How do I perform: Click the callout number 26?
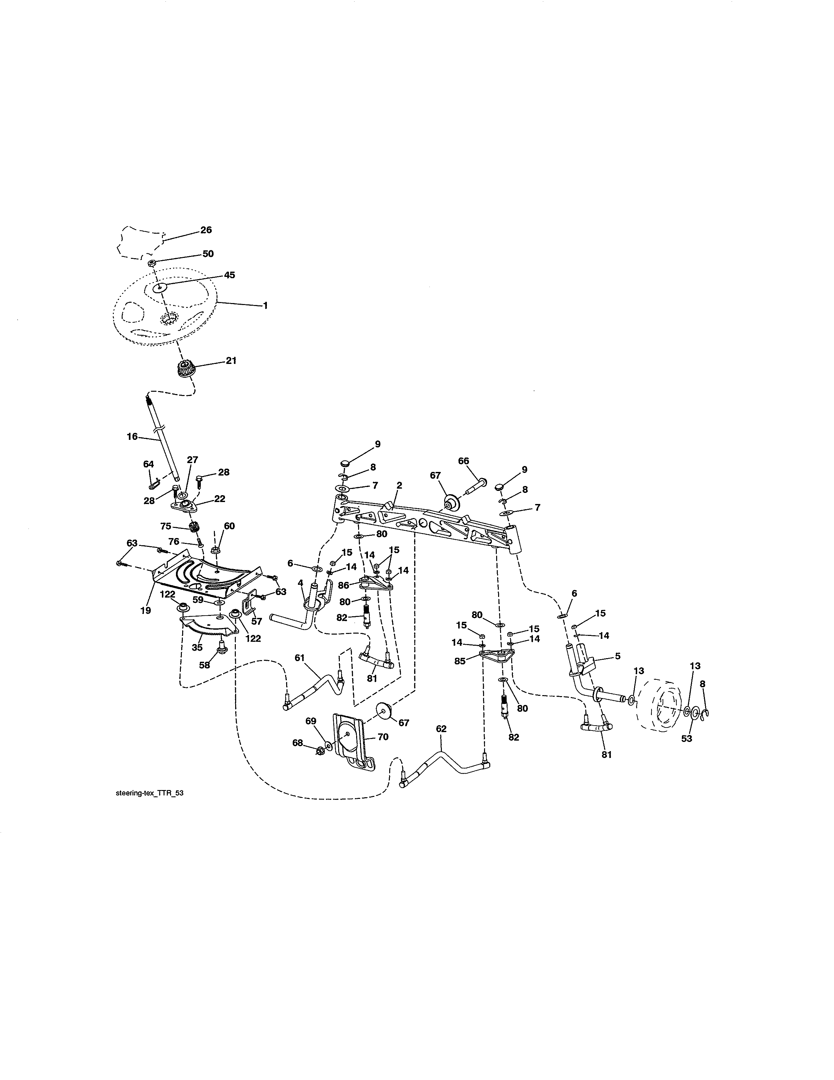206,230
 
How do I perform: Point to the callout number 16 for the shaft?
132,437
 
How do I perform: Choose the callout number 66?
463,461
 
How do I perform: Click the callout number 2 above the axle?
399,486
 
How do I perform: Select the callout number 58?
204,665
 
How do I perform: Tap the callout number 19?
145,611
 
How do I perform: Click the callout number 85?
460,661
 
